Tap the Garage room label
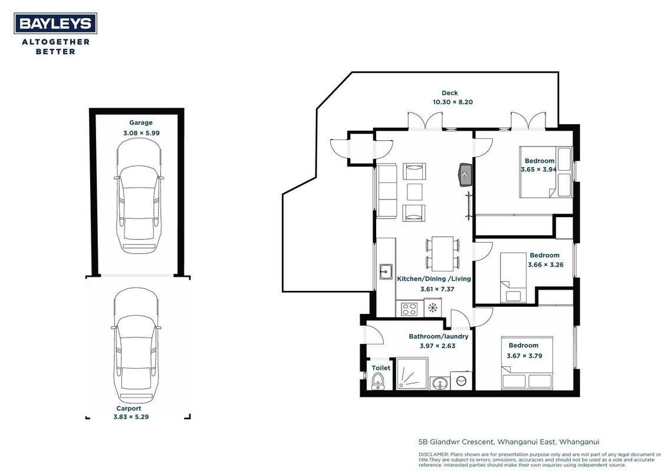(141, 122)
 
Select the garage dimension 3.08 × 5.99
(142, 133)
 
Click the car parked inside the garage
(139, 195)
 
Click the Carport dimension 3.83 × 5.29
(131, 417)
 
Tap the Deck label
(450, 93)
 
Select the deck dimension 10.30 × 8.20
(453, 102)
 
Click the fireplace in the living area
(465, 174)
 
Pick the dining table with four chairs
(443, 254)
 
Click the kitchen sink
(386, 271)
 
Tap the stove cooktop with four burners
(409, 309)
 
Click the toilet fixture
(377, 382)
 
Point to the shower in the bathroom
(412, 373)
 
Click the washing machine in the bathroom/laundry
(462, 380)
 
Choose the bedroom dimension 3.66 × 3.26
(546, 265)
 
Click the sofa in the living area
(386, 191)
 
